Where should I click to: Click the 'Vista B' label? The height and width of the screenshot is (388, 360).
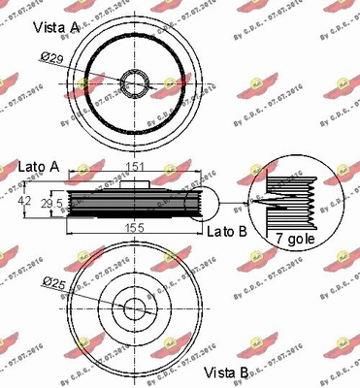(x=227, y=372)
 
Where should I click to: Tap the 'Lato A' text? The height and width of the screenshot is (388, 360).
(x=39, y=168)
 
